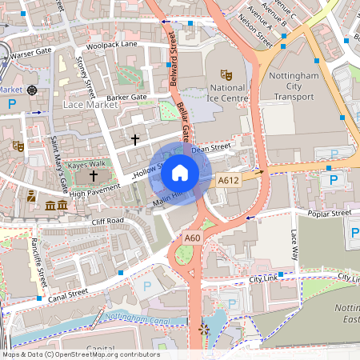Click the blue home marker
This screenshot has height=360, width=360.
pyautogui.click(x=180, y=172)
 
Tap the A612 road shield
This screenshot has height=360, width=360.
pyautogui.click(x=229, y=181)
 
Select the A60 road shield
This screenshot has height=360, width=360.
pyautogui.click(x=193, y=238)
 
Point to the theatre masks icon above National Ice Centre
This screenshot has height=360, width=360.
pyautogui.click(x=226, y=73)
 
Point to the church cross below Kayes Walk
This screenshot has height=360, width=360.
pyautogui.click(x=94, y=175)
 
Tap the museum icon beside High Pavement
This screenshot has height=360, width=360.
pyautogui.click(x=56, y=206)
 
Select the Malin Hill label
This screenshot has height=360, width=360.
pyautogui.click(x=170, y=200)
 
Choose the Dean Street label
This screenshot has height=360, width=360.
pyautogui.click(x=211, y=147)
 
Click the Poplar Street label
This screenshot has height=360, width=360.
pyautogui.click(x=330, y=214)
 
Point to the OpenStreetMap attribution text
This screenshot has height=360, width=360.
pyautogui.click(x=80, y=354)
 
